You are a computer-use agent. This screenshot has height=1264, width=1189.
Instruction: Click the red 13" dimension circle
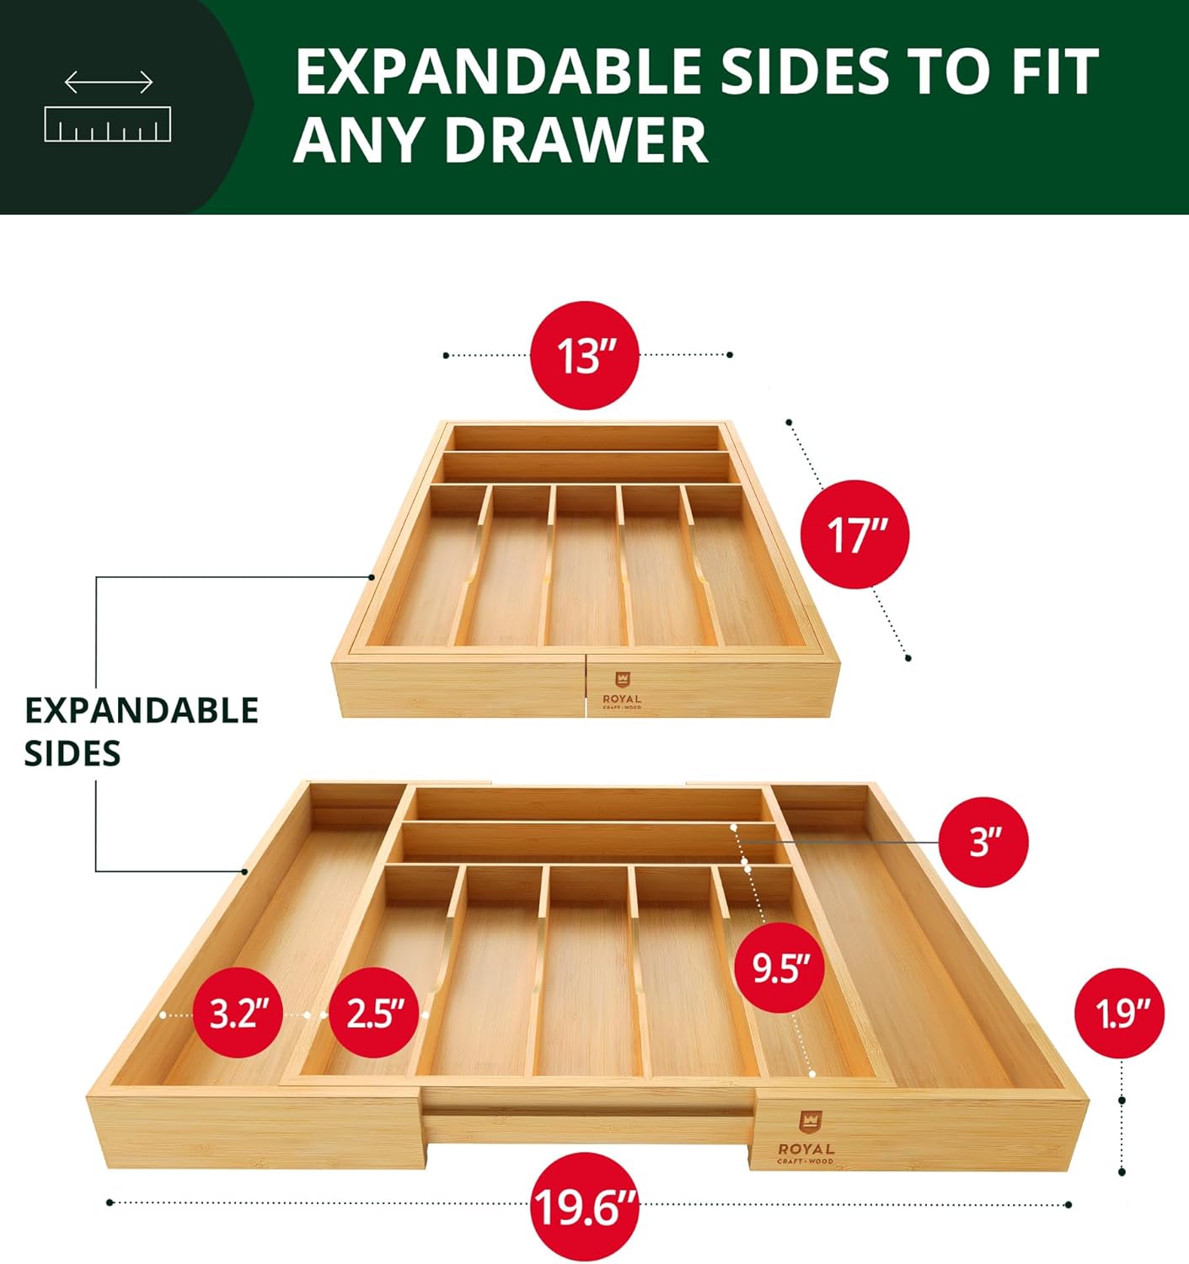584,355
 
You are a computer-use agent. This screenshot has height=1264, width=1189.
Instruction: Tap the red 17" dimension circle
854,534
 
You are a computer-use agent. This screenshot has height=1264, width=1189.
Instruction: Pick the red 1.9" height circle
1120,1013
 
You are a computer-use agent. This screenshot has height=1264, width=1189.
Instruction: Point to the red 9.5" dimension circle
779,969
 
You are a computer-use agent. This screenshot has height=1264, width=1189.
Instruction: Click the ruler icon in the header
108,124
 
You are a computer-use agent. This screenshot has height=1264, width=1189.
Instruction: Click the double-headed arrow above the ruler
109,82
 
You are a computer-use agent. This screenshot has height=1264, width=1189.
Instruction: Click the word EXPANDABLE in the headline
498,71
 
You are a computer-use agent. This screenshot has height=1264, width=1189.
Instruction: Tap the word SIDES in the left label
72,753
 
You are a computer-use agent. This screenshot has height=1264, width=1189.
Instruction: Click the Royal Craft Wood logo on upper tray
622,690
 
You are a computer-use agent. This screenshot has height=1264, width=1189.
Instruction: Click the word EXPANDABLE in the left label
142,710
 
